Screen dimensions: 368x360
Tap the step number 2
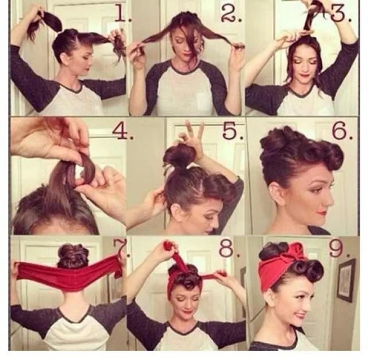coord(232,13)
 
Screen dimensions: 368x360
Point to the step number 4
coord(122,132)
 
